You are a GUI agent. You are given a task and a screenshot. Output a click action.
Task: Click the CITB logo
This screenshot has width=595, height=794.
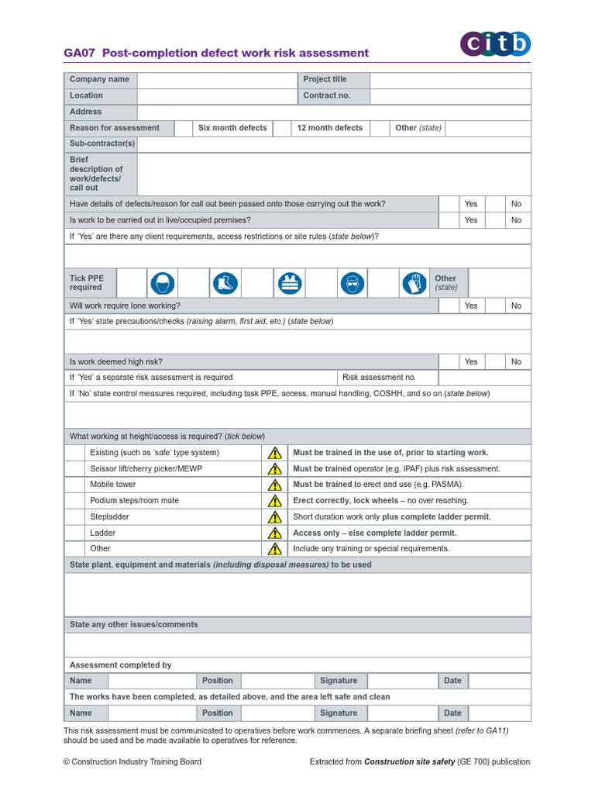tap(496, 43)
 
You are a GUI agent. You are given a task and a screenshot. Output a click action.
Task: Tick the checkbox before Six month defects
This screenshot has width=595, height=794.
tap(184, 128)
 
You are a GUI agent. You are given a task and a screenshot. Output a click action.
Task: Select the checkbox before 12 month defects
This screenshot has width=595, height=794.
tap(282, 128)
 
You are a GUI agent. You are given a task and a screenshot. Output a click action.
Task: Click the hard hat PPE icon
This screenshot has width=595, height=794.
tap(163, 283)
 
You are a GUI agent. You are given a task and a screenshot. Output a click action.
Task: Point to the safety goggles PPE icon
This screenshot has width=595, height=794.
tap(352, 283)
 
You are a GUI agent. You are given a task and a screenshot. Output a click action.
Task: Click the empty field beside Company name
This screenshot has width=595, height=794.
tap(216, 80)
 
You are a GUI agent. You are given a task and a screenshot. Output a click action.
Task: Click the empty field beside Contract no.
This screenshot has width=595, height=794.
tap(450, 96)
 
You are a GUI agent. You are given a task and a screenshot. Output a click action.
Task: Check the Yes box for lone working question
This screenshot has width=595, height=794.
tap(449, 306)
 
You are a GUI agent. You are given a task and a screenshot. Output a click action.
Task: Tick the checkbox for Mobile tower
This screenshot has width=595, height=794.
tap(74, 485)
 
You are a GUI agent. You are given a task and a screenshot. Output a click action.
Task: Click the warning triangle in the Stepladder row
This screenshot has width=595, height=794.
tap(274, 517)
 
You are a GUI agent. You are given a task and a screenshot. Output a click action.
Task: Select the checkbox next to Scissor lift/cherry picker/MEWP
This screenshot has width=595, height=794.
tap(74, 469)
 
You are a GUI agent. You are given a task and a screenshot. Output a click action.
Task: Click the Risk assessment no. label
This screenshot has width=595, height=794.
tap(379, 378)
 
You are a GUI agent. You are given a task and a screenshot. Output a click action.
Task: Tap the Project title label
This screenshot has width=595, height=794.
tap(325, 80)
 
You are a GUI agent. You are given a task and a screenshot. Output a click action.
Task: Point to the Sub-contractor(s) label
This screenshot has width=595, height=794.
tap(101, 144)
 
